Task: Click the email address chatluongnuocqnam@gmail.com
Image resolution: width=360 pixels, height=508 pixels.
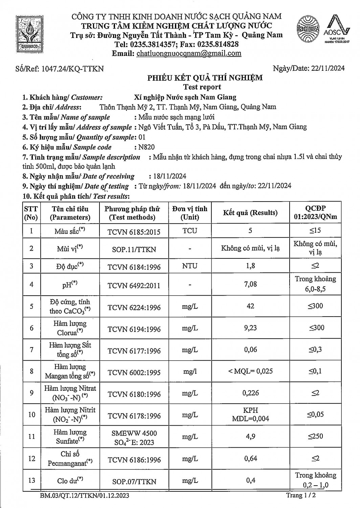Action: tap(188, 53)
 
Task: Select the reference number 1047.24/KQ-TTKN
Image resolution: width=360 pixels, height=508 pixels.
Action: tap(72, 69)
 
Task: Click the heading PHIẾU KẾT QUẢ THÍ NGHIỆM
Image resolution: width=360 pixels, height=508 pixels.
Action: tap(205, 78)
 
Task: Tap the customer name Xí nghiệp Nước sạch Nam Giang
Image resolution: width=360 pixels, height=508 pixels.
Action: tap(185, 97)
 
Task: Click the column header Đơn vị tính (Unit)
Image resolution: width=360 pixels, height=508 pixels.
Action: tap(189, 213)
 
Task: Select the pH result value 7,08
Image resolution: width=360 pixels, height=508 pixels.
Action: tap(250, 284)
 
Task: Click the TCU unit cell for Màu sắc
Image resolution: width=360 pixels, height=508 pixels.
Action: tap(189, 231)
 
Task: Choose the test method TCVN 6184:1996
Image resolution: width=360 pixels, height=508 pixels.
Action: tap(134, 267)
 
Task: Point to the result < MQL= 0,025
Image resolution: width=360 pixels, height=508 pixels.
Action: tap(251, 371)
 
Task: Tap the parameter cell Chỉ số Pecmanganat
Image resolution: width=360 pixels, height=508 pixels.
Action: tap(70, 458)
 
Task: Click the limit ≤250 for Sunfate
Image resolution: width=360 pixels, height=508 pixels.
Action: tap(315, 436)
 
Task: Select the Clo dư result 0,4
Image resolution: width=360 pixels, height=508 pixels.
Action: tap(251, 480)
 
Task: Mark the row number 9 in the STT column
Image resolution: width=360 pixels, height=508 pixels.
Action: tap(31, 393)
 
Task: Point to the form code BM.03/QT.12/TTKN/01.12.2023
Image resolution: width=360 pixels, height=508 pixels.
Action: tap(84, 496)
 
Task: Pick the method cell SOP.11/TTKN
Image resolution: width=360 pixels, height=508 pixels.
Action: tap(134, 250)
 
